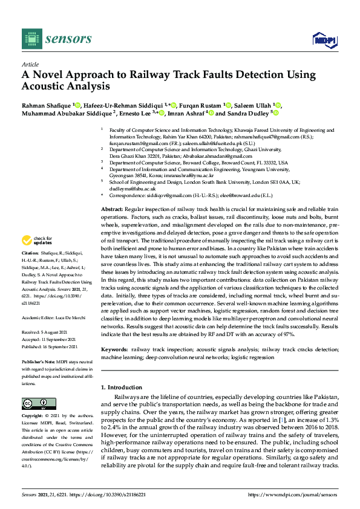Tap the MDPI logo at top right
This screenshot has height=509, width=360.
[324, 39]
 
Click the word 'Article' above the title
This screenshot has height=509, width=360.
[30, 63]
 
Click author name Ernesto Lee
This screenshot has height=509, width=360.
[138, 112]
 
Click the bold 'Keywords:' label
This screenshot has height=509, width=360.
[114, 349]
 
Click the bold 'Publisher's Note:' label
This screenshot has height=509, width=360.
[38, 361]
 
